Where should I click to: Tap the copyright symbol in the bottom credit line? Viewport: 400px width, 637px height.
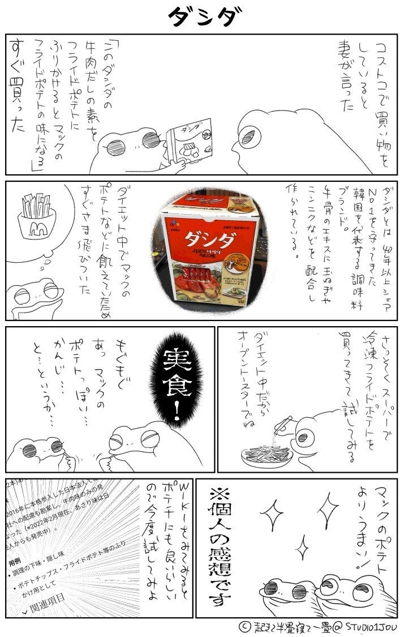[x=244, y=627]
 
